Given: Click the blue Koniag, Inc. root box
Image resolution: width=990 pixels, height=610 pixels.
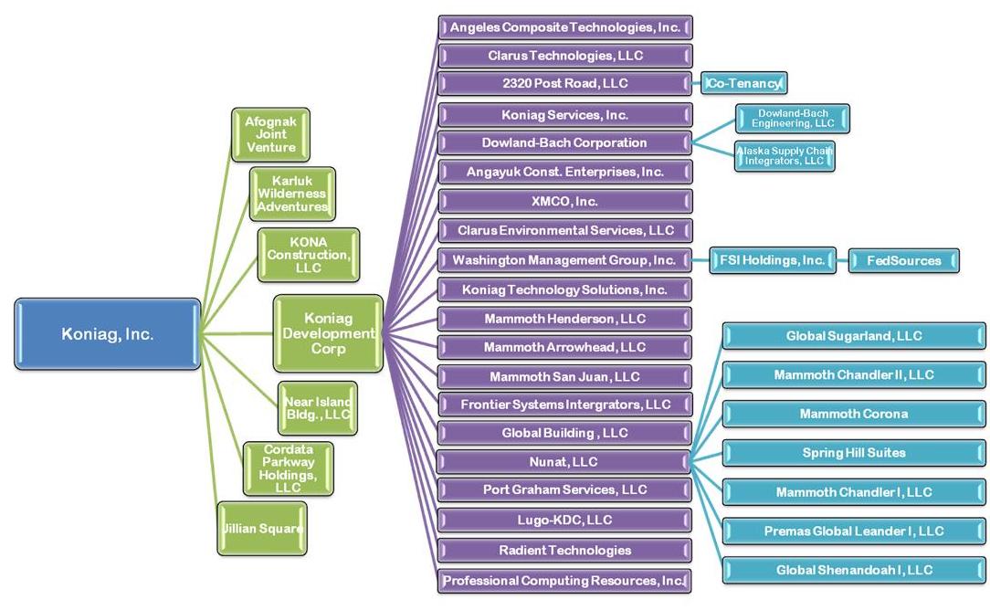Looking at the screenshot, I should (107, 334).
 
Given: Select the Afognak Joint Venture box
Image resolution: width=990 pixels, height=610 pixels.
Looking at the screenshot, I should (270, 134).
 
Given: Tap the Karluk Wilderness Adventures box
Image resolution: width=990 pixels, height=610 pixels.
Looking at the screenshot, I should (291, 193).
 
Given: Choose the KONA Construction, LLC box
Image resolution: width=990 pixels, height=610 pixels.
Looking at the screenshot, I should (308, 255).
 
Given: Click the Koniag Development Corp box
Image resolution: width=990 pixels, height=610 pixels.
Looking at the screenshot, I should (328, 333).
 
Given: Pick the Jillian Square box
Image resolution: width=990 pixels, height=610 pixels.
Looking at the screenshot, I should (261, 528).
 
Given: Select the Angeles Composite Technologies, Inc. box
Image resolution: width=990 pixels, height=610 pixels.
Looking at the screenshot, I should (564, 27).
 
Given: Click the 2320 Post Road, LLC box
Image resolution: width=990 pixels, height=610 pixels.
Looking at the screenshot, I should (564, 83).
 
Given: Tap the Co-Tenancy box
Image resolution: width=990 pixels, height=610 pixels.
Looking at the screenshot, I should (743, 83).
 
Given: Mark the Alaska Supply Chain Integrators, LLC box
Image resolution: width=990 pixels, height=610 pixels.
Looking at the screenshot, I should (784, 155).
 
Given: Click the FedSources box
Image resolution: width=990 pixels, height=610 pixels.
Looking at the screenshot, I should (903, 260).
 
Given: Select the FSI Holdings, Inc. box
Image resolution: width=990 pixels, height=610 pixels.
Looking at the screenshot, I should (772, 260).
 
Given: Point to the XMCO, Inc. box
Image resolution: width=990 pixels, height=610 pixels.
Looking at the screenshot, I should (564, 201).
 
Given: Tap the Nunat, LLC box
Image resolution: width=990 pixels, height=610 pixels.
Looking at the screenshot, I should (564, 462).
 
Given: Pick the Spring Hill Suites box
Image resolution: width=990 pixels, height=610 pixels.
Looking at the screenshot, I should (854, 453).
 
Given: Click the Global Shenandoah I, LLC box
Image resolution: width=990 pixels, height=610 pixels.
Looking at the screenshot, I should (854, 570).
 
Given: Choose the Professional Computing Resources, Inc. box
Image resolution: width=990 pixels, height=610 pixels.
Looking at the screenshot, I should (564, 581).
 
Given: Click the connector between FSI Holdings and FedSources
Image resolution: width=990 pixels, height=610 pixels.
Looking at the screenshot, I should (841, 260).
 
